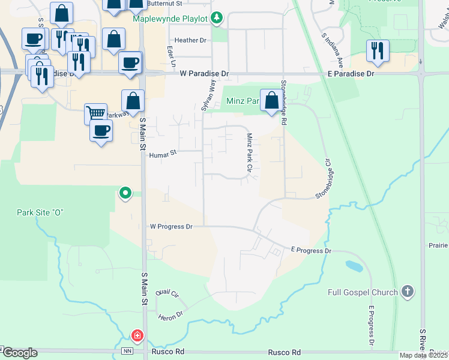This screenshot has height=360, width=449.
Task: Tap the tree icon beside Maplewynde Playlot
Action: (x=218, y=17)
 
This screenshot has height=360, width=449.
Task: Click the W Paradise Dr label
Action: (x=204, y=74)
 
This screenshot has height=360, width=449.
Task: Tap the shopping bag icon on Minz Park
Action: (x=271, y=100)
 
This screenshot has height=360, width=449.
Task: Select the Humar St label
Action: (x=163, y=154)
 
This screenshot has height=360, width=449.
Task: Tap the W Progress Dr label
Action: (x=171, y=227)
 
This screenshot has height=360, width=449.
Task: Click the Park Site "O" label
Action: (x=40, y=213)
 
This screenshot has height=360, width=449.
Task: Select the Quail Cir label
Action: (x=167, y=293)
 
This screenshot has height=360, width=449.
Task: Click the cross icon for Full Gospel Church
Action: (x=407, y=292)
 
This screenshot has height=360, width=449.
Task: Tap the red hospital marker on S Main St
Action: (x=137, y=335)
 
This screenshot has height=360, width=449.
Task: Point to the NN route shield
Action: (x=127, y=352)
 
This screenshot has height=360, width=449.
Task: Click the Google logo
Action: (x=19, y=353)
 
